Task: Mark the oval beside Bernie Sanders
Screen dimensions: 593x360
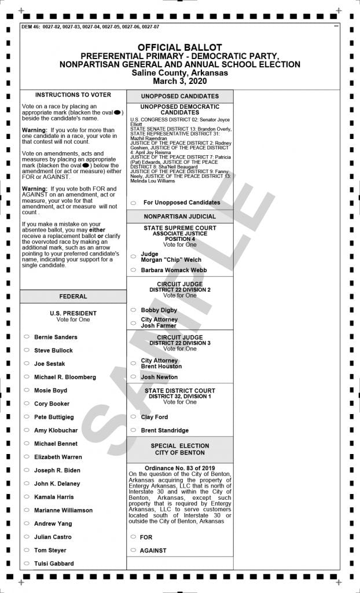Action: coord(27,337)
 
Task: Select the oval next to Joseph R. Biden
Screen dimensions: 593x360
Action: coord(27,470)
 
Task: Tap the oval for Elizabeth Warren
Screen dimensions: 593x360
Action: coord(27,457)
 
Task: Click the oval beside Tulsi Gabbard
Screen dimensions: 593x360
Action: coord(27,563)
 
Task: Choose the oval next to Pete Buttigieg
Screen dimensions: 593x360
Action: coord(27,417)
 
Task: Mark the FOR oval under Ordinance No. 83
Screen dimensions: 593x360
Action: coord(133,537)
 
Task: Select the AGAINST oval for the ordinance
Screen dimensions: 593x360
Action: coord(133,550)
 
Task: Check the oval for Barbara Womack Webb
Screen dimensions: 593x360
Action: coord(133,270)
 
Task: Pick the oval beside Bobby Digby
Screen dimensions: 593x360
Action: coord(133,310)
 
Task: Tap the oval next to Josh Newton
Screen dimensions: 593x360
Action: coord(133,377)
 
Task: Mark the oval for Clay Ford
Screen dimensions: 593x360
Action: coord(133,417)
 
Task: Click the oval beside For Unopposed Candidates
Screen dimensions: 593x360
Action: coord(133,203)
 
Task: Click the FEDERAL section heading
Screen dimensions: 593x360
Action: coord(73,296)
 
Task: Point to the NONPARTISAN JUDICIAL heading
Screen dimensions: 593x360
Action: coord(180,216)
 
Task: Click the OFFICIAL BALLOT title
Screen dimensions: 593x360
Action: coord(179,47)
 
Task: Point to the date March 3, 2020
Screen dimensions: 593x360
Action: coord(179,81)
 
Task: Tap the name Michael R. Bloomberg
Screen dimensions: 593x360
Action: coord(65,377)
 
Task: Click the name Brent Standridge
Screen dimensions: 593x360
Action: coord(164,430)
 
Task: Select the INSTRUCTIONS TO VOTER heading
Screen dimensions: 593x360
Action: coord(73,94)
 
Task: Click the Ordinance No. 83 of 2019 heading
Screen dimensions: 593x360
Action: coord(180,467)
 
